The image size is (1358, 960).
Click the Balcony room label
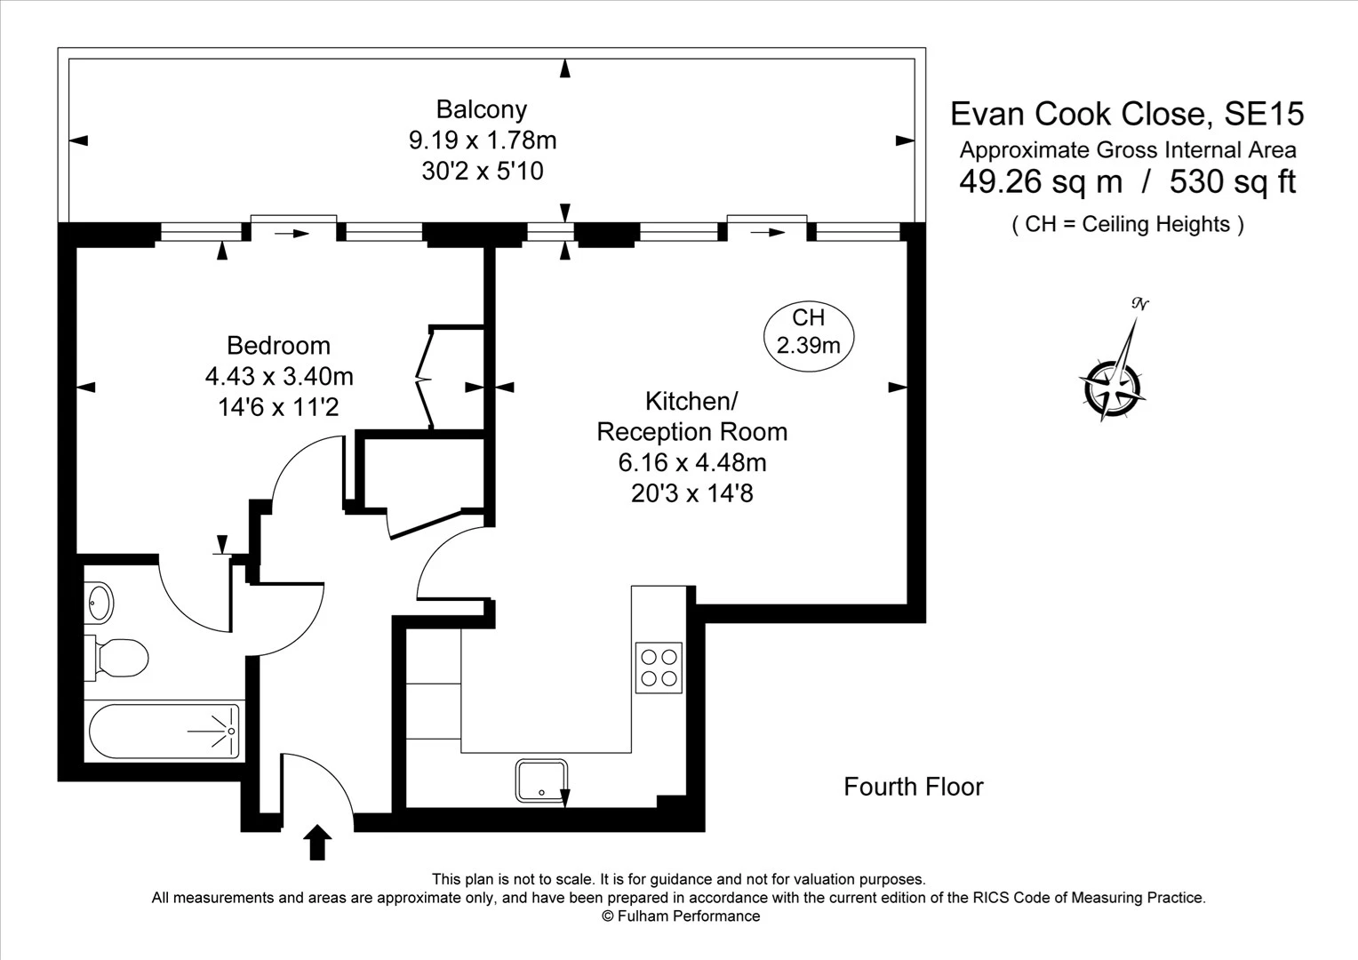coord(481,109)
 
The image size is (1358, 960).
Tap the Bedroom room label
coord(278,345)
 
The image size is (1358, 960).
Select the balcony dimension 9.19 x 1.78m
coord(482,140)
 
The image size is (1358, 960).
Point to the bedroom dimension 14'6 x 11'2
coord(278,407)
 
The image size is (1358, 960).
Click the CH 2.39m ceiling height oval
coord(808,332)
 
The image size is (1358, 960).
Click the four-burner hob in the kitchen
coord(659,668)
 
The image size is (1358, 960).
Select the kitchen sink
coord(541,780)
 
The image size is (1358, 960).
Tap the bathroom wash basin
coord(100,603)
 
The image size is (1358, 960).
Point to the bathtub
coord(164,732)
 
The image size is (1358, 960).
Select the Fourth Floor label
coord(913,787)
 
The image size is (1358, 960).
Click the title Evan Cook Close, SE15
coord(1127,114)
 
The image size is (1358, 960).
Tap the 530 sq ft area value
coord(1232,181)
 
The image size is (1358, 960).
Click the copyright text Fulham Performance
coord(681,916)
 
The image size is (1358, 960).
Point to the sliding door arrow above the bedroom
coord(292,234)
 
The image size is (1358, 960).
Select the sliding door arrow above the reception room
coord(768,233)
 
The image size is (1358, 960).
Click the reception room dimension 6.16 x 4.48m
coord(691,462)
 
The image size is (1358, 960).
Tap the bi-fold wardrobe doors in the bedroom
coord(427,379)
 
